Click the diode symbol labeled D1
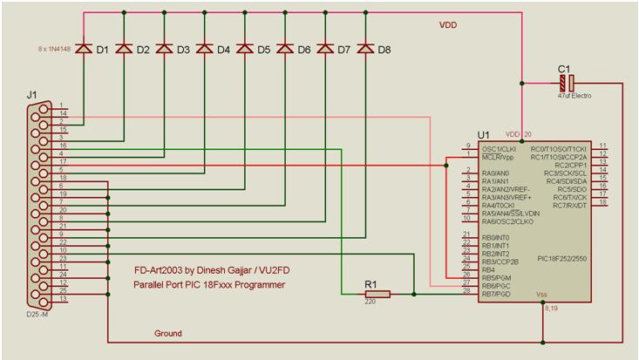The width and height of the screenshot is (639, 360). (85, 49)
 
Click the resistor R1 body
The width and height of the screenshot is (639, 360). (377, 294)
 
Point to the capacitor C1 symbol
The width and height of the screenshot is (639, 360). (567, 84)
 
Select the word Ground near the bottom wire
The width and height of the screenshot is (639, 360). (168, 333)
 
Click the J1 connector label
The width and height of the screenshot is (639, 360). (33, 93)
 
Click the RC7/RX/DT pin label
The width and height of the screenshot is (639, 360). (567, 205)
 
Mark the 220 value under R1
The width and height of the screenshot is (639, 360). (370, 304)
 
